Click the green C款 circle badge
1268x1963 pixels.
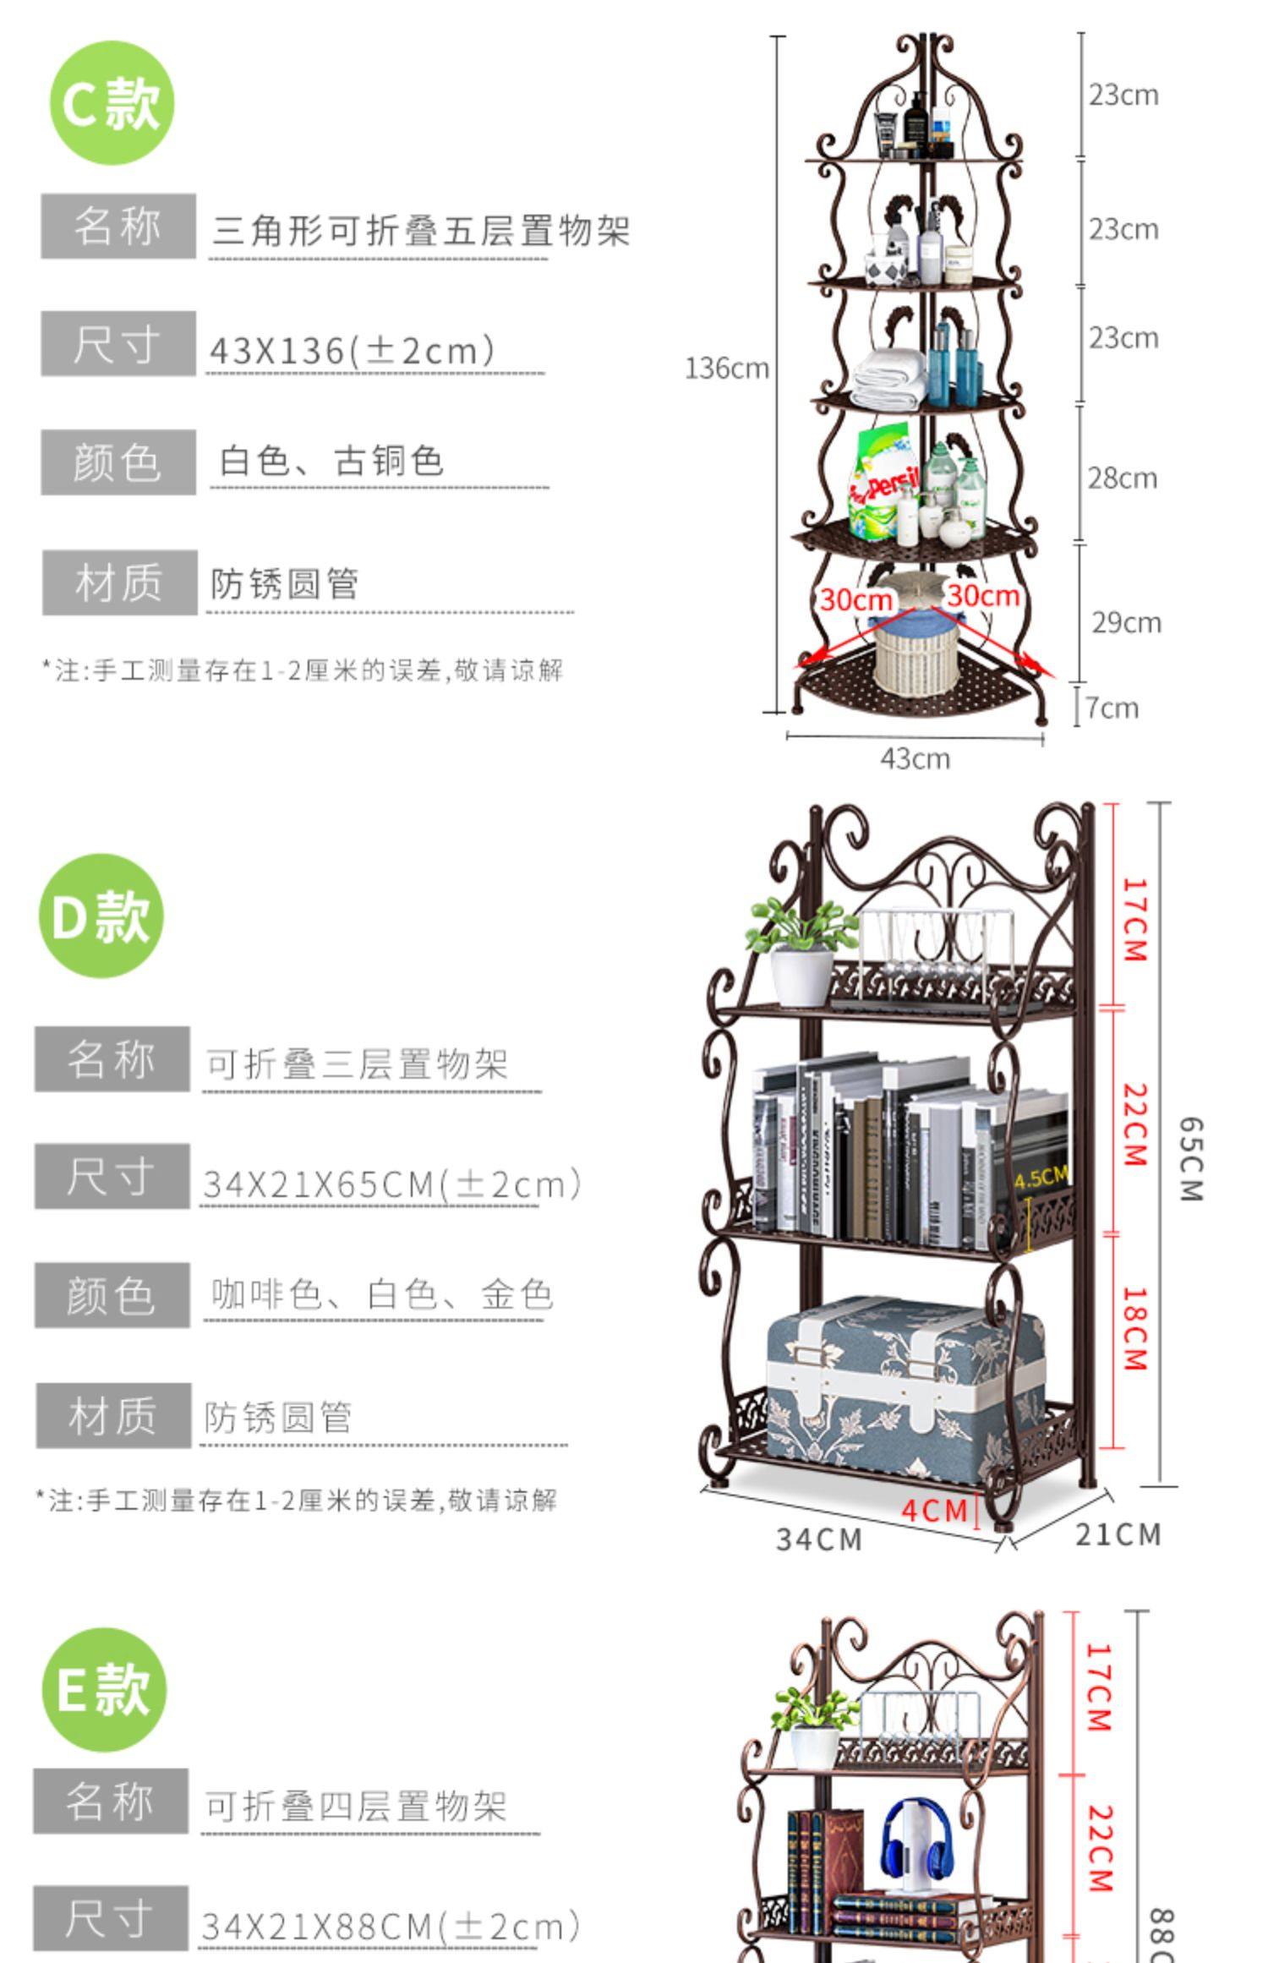tap(112, 103)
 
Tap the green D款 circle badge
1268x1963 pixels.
tap(101, 916)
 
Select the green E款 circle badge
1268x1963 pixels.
tap(104, 1689)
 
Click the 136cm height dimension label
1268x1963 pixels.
tap(726, 369)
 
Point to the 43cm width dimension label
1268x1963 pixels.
tap(915, 759)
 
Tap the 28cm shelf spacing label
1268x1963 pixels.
tap(1122, 478)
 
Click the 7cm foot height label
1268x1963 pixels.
tap(1112, 708)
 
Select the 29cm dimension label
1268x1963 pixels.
tap(1126, 623)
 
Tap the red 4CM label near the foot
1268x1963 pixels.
tap(934, 1509)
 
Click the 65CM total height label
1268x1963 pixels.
tap(1190, 1159)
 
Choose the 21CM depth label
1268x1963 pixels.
tap(1118, 1534)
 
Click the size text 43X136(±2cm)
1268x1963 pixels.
tap(352, 351)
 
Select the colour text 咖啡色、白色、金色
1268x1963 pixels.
tap(381, 1295)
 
